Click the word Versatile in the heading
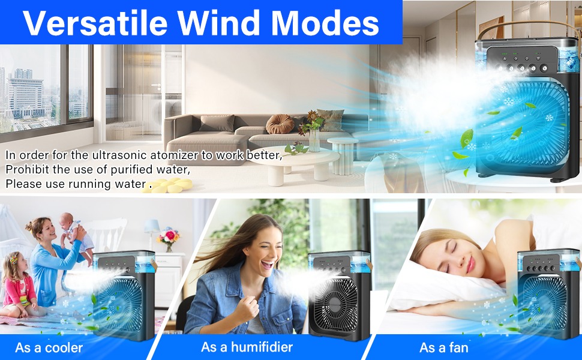click(95, 23)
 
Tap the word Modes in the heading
click(323, 23)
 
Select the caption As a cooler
click(49, 347)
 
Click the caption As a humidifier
click(247, 347)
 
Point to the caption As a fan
click(443, 347)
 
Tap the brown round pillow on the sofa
click(280, 124)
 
